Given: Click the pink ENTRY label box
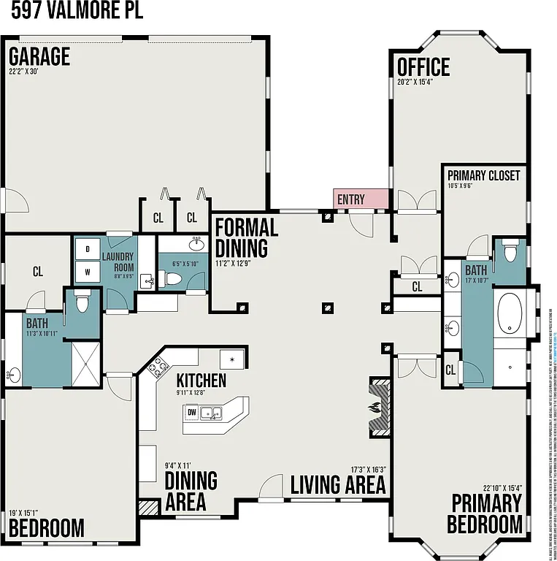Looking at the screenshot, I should click(x=360, y=199).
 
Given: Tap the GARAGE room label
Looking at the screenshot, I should click(x=39, y=57).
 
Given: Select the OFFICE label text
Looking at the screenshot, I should click(x=423, y=67).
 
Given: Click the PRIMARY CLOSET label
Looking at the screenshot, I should click(x=483, y=175).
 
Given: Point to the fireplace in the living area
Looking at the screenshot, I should click(x=380, y=407).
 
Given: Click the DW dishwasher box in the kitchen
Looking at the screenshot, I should click(x=192, y=413).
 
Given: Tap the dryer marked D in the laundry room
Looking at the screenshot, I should click(x=88, y=249).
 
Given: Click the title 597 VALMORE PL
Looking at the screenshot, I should click(x=72, y=12).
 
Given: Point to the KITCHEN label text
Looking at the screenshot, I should click(x=201, y=381).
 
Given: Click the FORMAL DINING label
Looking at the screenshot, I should click(x=246, y=237).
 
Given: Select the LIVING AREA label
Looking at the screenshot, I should click(x=337, y=484).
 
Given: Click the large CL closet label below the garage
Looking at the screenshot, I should click(x=38, y=271).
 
